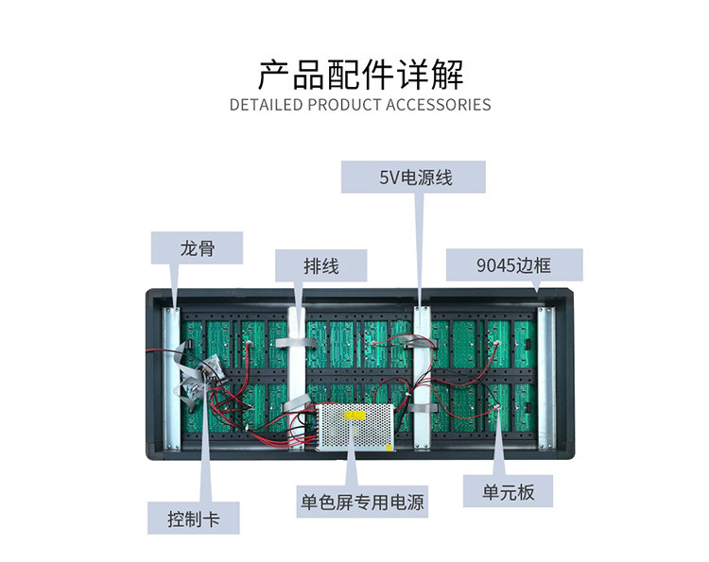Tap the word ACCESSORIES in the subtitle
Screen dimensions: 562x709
[438, 104]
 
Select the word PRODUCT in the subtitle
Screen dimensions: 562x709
[345, 104]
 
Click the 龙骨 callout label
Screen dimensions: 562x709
[198, 248]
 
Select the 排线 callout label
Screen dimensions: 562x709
[321, 266]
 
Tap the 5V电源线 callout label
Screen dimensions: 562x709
[413, 177]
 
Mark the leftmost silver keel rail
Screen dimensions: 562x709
[171, 376]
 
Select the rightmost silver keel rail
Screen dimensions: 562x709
[544, 376]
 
